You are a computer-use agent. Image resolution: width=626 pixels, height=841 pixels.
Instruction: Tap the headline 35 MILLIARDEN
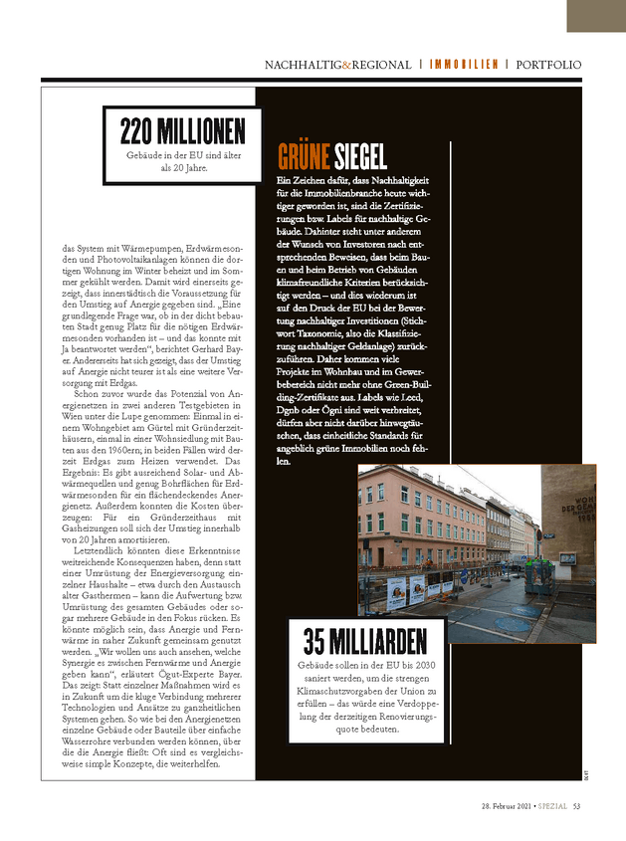coord(364,639)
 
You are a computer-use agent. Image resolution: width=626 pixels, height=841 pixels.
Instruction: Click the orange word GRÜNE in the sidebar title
coord(303,156)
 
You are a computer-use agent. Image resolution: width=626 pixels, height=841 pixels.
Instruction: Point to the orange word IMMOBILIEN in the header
coord(464,65)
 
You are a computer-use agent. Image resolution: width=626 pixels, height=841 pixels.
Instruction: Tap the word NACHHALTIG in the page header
coord(302,65)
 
